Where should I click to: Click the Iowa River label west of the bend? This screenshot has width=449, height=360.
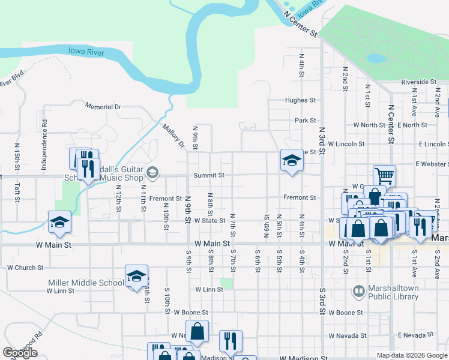pos(86,53)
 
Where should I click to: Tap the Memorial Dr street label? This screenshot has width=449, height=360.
pos(103,107)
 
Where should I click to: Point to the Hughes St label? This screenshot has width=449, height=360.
pos(300,101)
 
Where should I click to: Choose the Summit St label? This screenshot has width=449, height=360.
pos(208,175)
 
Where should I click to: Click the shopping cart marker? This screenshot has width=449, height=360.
pos(384,176)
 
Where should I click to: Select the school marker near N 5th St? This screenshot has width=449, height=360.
pos(292,160)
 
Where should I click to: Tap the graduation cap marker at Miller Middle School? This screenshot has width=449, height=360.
pos(136,276)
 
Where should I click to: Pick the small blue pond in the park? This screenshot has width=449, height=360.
pos(376,58)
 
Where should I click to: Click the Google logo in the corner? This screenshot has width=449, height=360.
pos(20,353)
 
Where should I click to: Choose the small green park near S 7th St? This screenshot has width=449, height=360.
pos(226,283)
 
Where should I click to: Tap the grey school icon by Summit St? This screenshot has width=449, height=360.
pos(152,173)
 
